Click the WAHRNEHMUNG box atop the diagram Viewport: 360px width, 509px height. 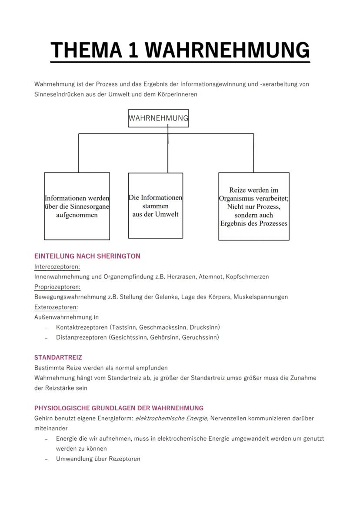pyautogui.click(x=158, y=118)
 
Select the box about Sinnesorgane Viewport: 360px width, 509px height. pyautogui.click(x=77, y=206)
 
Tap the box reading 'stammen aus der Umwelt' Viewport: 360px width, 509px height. pyautogui.click(x=155, y=206)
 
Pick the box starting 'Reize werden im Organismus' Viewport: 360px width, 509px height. pyautogui.click(x=254, y=206)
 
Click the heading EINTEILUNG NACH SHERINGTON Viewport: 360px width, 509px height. pyautogui.click(x=87, y=256)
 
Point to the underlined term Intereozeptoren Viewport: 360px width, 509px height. pyautogui.click(x=57, y=266)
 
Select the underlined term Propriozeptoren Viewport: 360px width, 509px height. pyautogui.click(x=57, y=287)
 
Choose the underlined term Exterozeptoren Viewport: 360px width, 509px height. pyautogui.click(x=56, y=307)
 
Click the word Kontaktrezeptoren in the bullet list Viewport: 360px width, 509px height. pyautogui.click(x=82, y=327)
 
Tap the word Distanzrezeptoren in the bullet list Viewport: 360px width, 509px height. pyautogui.click(x=81, y=337)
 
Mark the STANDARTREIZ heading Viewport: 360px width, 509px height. pyautogui.click(x=58, y=358)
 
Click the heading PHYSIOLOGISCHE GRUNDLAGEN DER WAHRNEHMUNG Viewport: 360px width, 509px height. pyautogui.click(x=119, y=408)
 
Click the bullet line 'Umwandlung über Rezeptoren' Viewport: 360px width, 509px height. pyautogui.click(x=98, y=459)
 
